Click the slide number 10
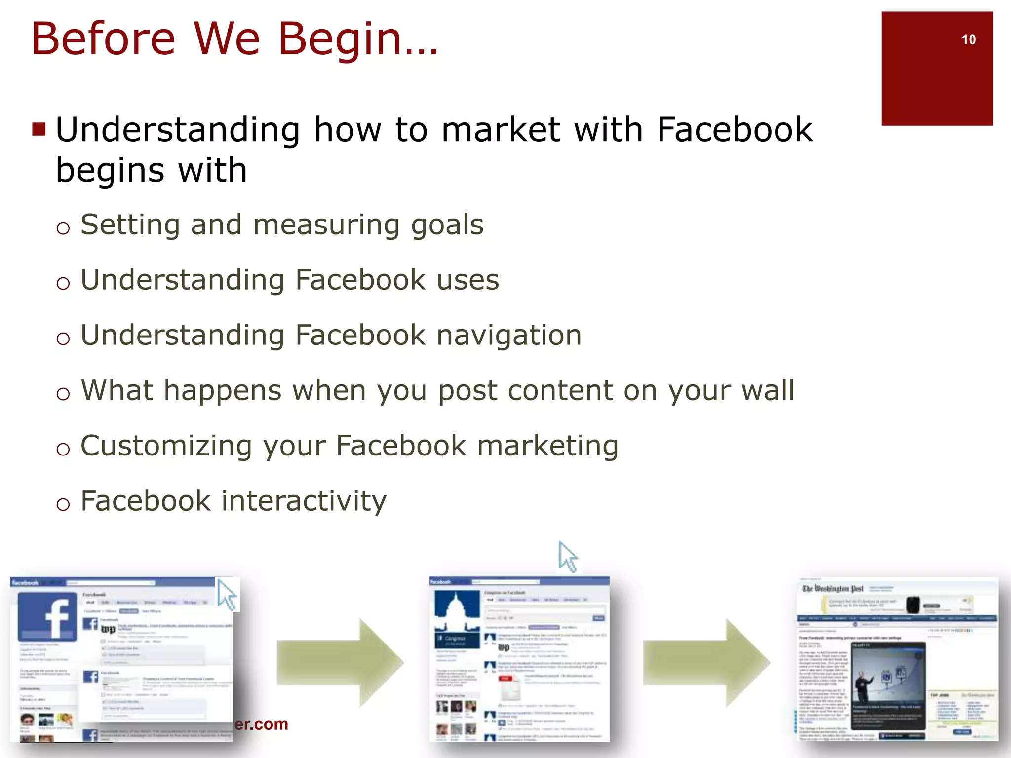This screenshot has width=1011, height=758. click(x=968, y=39)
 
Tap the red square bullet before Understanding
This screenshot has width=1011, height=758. click(x=39, y=129)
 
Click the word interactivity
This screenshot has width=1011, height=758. click(x=304, y=501)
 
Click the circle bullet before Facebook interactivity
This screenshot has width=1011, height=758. click(x=63, y=504)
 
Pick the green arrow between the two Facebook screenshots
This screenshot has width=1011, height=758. click(x=341, y=662)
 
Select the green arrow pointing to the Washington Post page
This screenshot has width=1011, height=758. click(x=706, y=662)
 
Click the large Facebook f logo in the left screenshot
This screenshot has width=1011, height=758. click(x=47, y=617)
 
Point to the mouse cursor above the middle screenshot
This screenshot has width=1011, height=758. click(x=568, y=557)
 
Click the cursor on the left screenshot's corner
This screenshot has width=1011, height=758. click(x=227, y=595)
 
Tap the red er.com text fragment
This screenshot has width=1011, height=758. click(x=261, y=724)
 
